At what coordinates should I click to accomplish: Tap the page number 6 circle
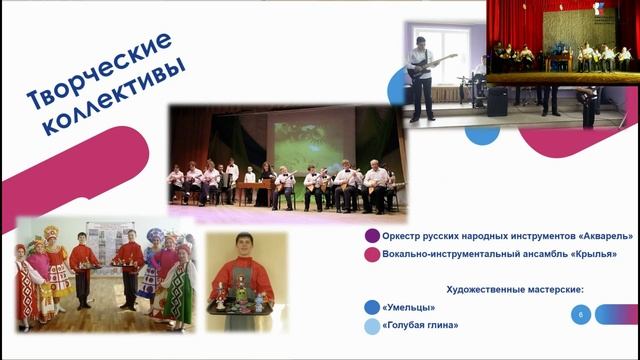coord(580,315)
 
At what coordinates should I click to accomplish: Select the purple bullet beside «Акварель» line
coord(372,236)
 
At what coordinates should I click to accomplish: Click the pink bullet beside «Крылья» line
coord(372,255)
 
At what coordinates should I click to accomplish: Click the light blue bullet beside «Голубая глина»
coord(372,326)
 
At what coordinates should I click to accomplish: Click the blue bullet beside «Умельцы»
coord(372,308)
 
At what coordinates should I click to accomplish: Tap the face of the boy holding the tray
coord(244,246)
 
